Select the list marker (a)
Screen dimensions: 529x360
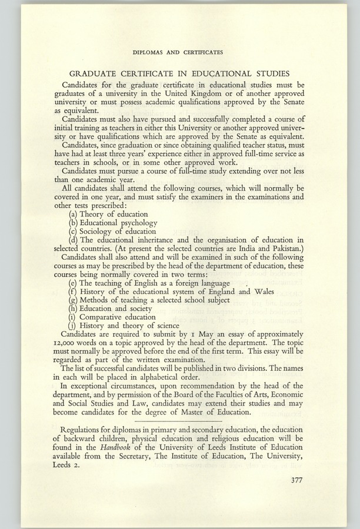(74, 215)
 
